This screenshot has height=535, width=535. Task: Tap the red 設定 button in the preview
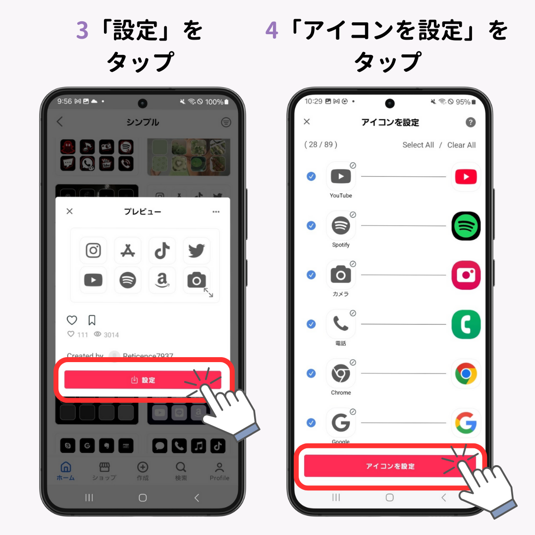[143, 380]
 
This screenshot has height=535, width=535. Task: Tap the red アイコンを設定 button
[390, 466]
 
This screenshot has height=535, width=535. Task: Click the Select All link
[418, 145]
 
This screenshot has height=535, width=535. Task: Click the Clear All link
[461, 145]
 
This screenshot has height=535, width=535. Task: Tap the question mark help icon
[471, 122]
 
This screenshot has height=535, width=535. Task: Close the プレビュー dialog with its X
[69, 212]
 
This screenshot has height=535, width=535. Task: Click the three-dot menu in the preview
[216, 212]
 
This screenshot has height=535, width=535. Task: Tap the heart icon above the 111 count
[72, 320]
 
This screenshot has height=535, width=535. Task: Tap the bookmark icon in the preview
[92, 320]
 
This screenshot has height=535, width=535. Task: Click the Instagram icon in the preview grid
[93, 251]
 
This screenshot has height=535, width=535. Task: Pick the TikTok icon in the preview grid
[162, 251]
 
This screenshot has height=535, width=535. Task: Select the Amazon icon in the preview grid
[162, 280]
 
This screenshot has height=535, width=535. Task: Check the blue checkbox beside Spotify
[311, 226]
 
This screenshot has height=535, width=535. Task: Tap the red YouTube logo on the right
[466, 177]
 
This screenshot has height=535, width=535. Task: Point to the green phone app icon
[466, 324]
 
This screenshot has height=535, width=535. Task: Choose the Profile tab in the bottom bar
[219, 472]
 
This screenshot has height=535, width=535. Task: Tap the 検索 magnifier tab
[181, 472]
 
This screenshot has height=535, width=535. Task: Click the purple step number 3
[82, 31]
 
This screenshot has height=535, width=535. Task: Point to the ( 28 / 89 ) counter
[321, 145]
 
